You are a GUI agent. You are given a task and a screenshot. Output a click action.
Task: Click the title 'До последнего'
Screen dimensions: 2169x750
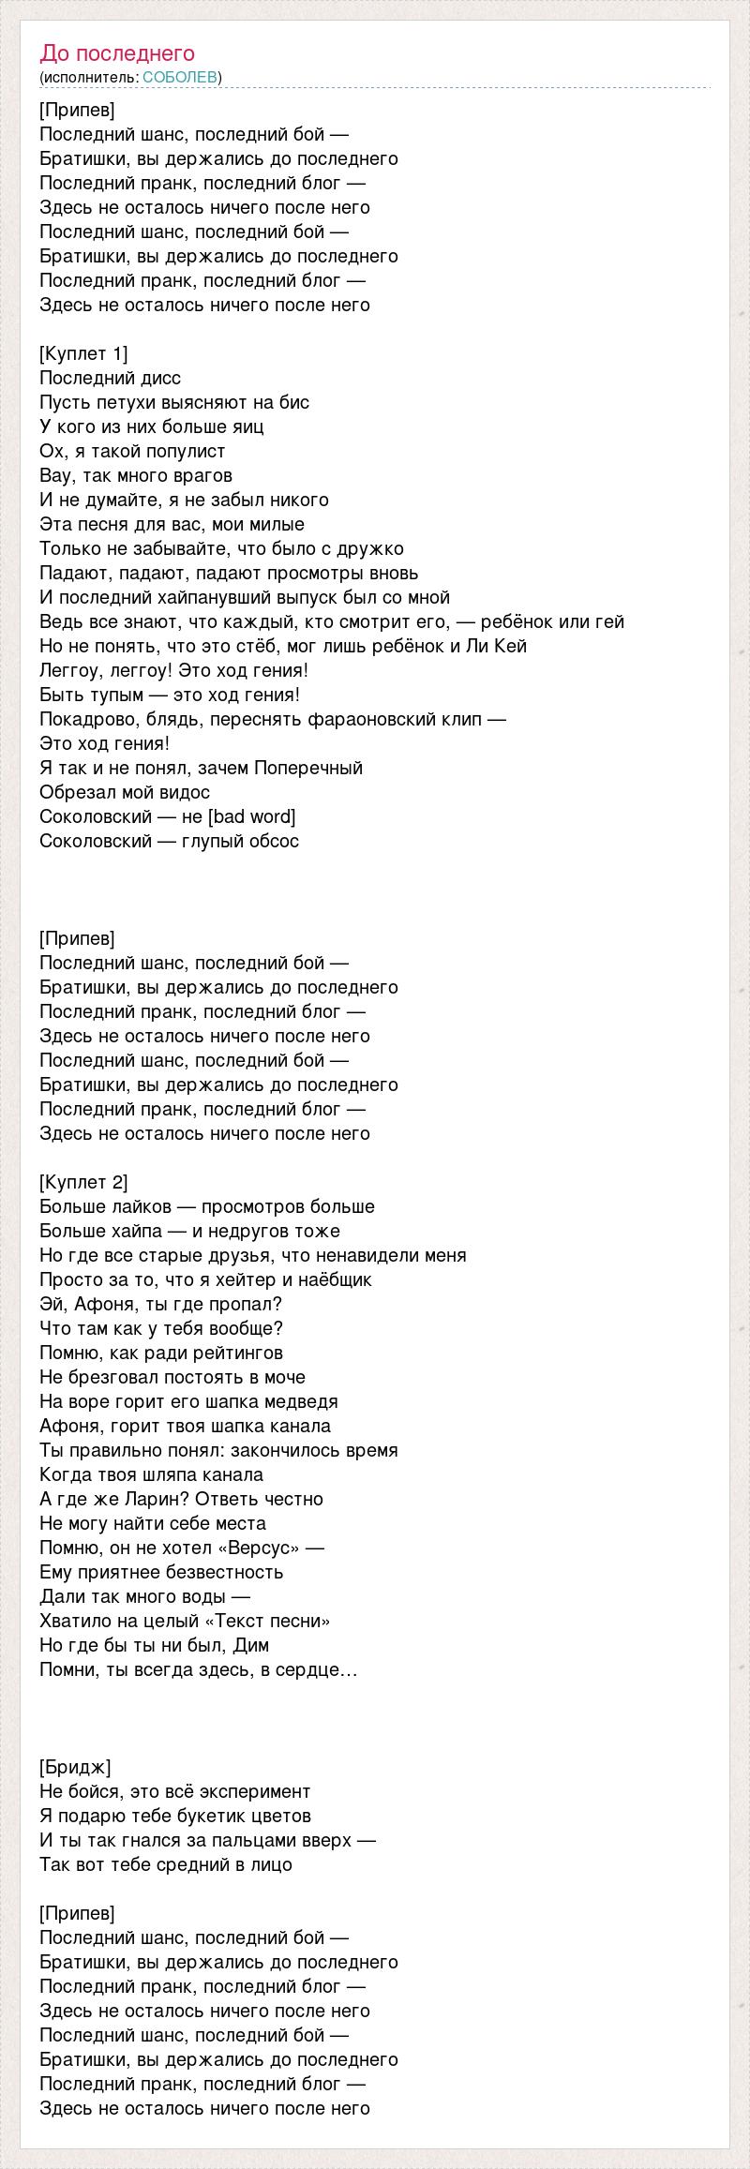(117, 53)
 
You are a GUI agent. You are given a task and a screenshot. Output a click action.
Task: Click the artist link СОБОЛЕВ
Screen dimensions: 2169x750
(180, 78)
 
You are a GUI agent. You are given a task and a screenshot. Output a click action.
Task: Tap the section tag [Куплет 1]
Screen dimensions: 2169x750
(83, 353)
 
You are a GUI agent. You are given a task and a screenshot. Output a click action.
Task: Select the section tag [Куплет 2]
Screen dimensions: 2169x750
(83, 1182)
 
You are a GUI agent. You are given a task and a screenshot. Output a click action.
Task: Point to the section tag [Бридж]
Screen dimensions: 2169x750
(75, 1767)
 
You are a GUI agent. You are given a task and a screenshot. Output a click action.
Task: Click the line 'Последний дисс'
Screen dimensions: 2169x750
(111, 378)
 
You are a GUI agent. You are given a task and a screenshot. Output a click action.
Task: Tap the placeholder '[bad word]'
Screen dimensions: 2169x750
(251, 816)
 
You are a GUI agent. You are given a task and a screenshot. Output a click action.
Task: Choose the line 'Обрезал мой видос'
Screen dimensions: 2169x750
(125, 792)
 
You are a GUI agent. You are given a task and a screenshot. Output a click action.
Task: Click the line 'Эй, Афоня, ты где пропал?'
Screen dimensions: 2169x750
(161, 1304)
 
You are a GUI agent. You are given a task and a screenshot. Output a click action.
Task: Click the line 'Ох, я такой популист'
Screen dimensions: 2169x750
(132, 451)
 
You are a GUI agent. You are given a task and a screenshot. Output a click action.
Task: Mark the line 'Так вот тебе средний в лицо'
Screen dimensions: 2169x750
(166, 1864)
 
